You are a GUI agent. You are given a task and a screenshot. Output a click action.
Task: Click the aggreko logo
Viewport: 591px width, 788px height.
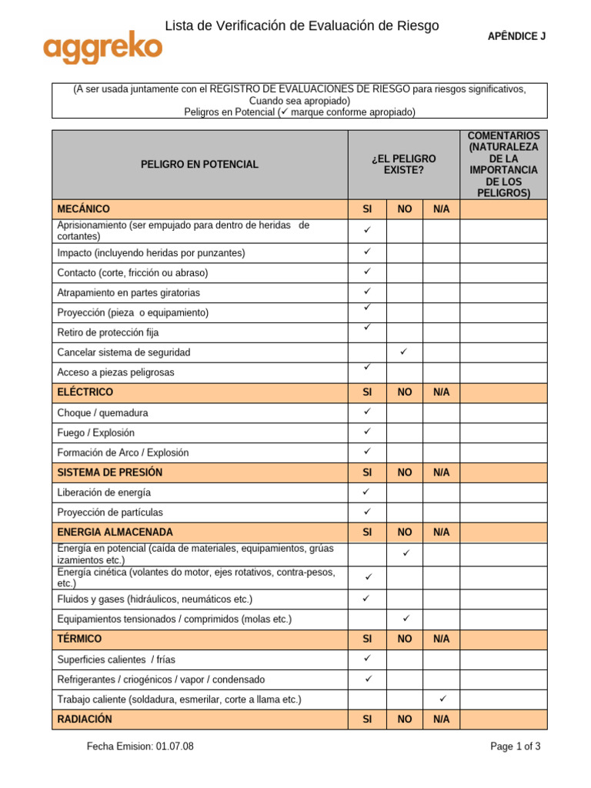pyautogui.click(x=102, y=49)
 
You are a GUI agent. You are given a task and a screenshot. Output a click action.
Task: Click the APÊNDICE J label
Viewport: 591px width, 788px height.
pyautogui.click(x=517, y=36)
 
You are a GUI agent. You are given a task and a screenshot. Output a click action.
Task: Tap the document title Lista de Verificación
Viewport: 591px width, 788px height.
pyautogui.click(x=302, y=26)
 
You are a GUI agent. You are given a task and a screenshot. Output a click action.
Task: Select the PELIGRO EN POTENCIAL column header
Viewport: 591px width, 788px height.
pyautogui.click(x=199, y=165)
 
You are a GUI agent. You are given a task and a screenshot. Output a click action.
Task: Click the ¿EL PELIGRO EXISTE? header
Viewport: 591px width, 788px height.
pyautogui.click(x=403, y=165)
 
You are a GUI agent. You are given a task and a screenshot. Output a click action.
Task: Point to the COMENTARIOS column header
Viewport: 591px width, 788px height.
pyautogui.click(x=504, y=165)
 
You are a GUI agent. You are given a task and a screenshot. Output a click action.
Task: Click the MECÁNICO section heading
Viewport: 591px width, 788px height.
pyautogui.click(x=84, y=209)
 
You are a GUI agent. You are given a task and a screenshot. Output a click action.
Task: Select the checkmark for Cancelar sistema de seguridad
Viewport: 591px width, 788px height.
pyautogui.click(x=404, y=352)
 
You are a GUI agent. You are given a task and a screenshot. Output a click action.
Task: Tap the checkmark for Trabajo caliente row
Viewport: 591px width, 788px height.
pyautogui.click(x=442, y=699)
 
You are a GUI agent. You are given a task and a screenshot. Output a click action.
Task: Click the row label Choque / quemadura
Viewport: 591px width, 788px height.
pyautogui.click(x=102, y=412)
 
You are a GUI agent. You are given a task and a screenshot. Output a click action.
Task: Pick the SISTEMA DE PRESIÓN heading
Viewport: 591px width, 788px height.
pyautogui.click(x=110, y=472)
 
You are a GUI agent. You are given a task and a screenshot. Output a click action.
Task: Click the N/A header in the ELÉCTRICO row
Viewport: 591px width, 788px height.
pyautogui.click(x=442, y=392)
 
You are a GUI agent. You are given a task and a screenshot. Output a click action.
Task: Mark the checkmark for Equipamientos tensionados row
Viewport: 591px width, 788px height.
pyautogui.click(x=405, y=618)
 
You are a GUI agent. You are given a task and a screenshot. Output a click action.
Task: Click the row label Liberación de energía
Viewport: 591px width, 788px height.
pyautogui.click(x=104, y=492)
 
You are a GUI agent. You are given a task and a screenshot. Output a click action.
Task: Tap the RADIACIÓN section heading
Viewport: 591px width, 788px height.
pyautogui.click(x=85, y=720)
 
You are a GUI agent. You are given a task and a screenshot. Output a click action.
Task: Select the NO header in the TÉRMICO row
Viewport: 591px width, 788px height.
pyautogui.click(x=405, y=639)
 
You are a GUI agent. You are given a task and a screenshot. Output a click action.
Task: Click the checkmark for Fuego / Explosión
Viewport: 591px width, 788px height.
pyautogui.click(x=367, y=432)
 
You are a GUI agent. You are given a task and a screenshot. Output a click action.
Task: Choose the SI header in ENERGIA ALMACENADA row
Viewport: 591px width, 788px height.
pyautogui.click(x=367, y=533)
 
